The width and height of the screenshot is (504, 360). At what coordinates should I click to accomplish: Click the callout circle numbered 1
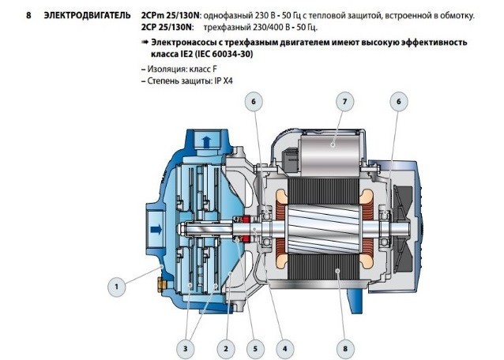click(x=118, y=288)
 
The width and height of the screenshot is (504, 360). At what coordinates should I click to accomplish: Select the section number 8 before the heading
click(x=28, y=15)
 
